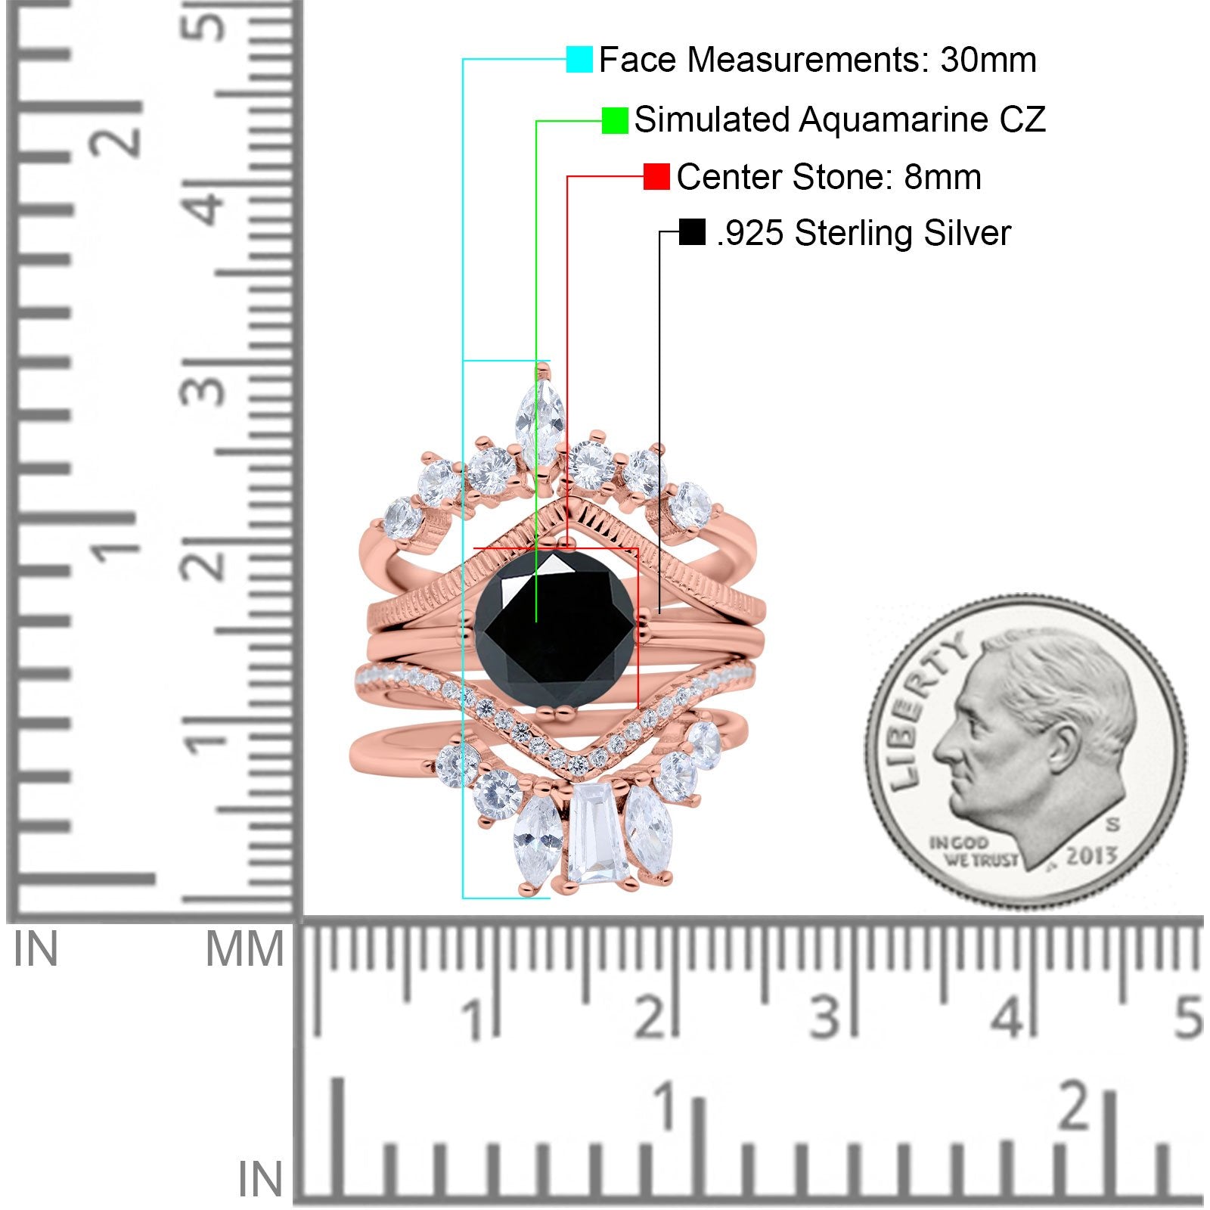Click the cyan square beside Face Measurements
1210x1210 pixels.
coord(579,60)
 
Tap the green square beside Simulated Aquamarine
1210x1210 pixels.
coord(615,120)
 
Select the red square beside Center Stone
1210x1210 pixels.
coord(656,177)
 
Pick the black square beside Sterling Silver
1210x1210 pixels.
coord(692,232)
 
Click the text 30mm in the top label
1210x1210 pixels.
coord(988,60)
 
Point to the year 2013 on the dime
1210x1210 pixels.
coord(1092,856)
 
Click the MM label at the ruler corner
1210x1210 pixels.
coord(244,949)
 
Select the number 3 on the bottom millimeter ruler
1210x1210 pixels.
coord(826,1016)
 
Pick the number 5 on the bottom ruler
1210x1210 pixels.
coord(1188,1016)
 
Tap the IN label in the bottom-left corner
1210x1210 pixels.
coord(260,1181)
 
